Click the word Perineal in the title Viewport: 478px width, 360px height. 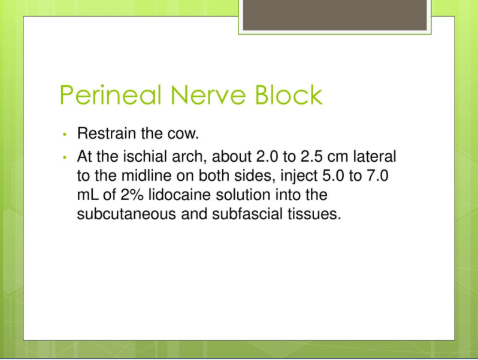110,95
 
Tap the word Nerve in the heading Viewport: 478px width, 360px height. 208,95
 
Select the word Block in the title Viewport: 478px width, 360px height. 289,95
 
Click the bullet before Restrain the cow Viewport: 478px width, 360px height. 64,134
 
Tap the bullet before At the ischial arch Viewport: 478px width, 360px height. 64,158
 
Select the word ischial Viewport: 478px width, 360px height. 145,156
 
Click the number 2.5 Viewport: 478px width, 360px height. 311,156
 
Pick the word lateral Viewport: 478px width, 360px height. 374,156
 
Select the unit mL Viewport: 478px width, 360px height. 88,195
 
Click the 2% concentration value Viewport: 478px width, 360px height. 132,195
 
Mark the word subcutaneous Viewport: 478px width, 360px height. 126,214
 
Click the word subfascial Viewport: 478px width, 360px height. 247,214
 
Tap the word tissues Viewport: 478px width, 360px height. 314,214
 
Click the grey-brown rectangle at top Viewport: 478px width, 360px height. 335,15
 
